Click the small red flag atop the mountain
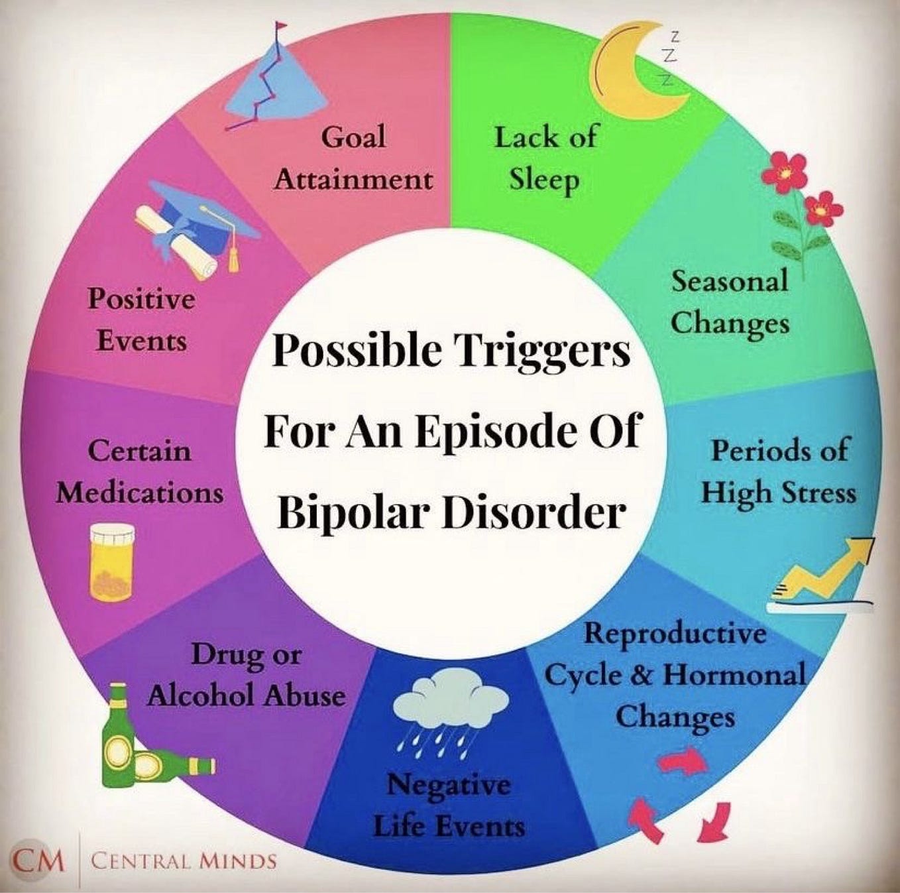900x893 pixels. [281, 26]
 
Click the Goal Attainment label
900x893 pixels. [353, 159]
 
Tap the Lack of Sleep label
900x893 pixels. [545, 160]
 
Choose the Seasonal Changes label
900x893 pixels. [730, 302]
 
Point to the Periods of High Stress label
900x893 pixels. [779, 471]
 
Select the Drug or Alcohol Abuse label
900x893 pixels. [247, 676]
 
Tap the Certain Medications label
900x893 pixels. [139, 473]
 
